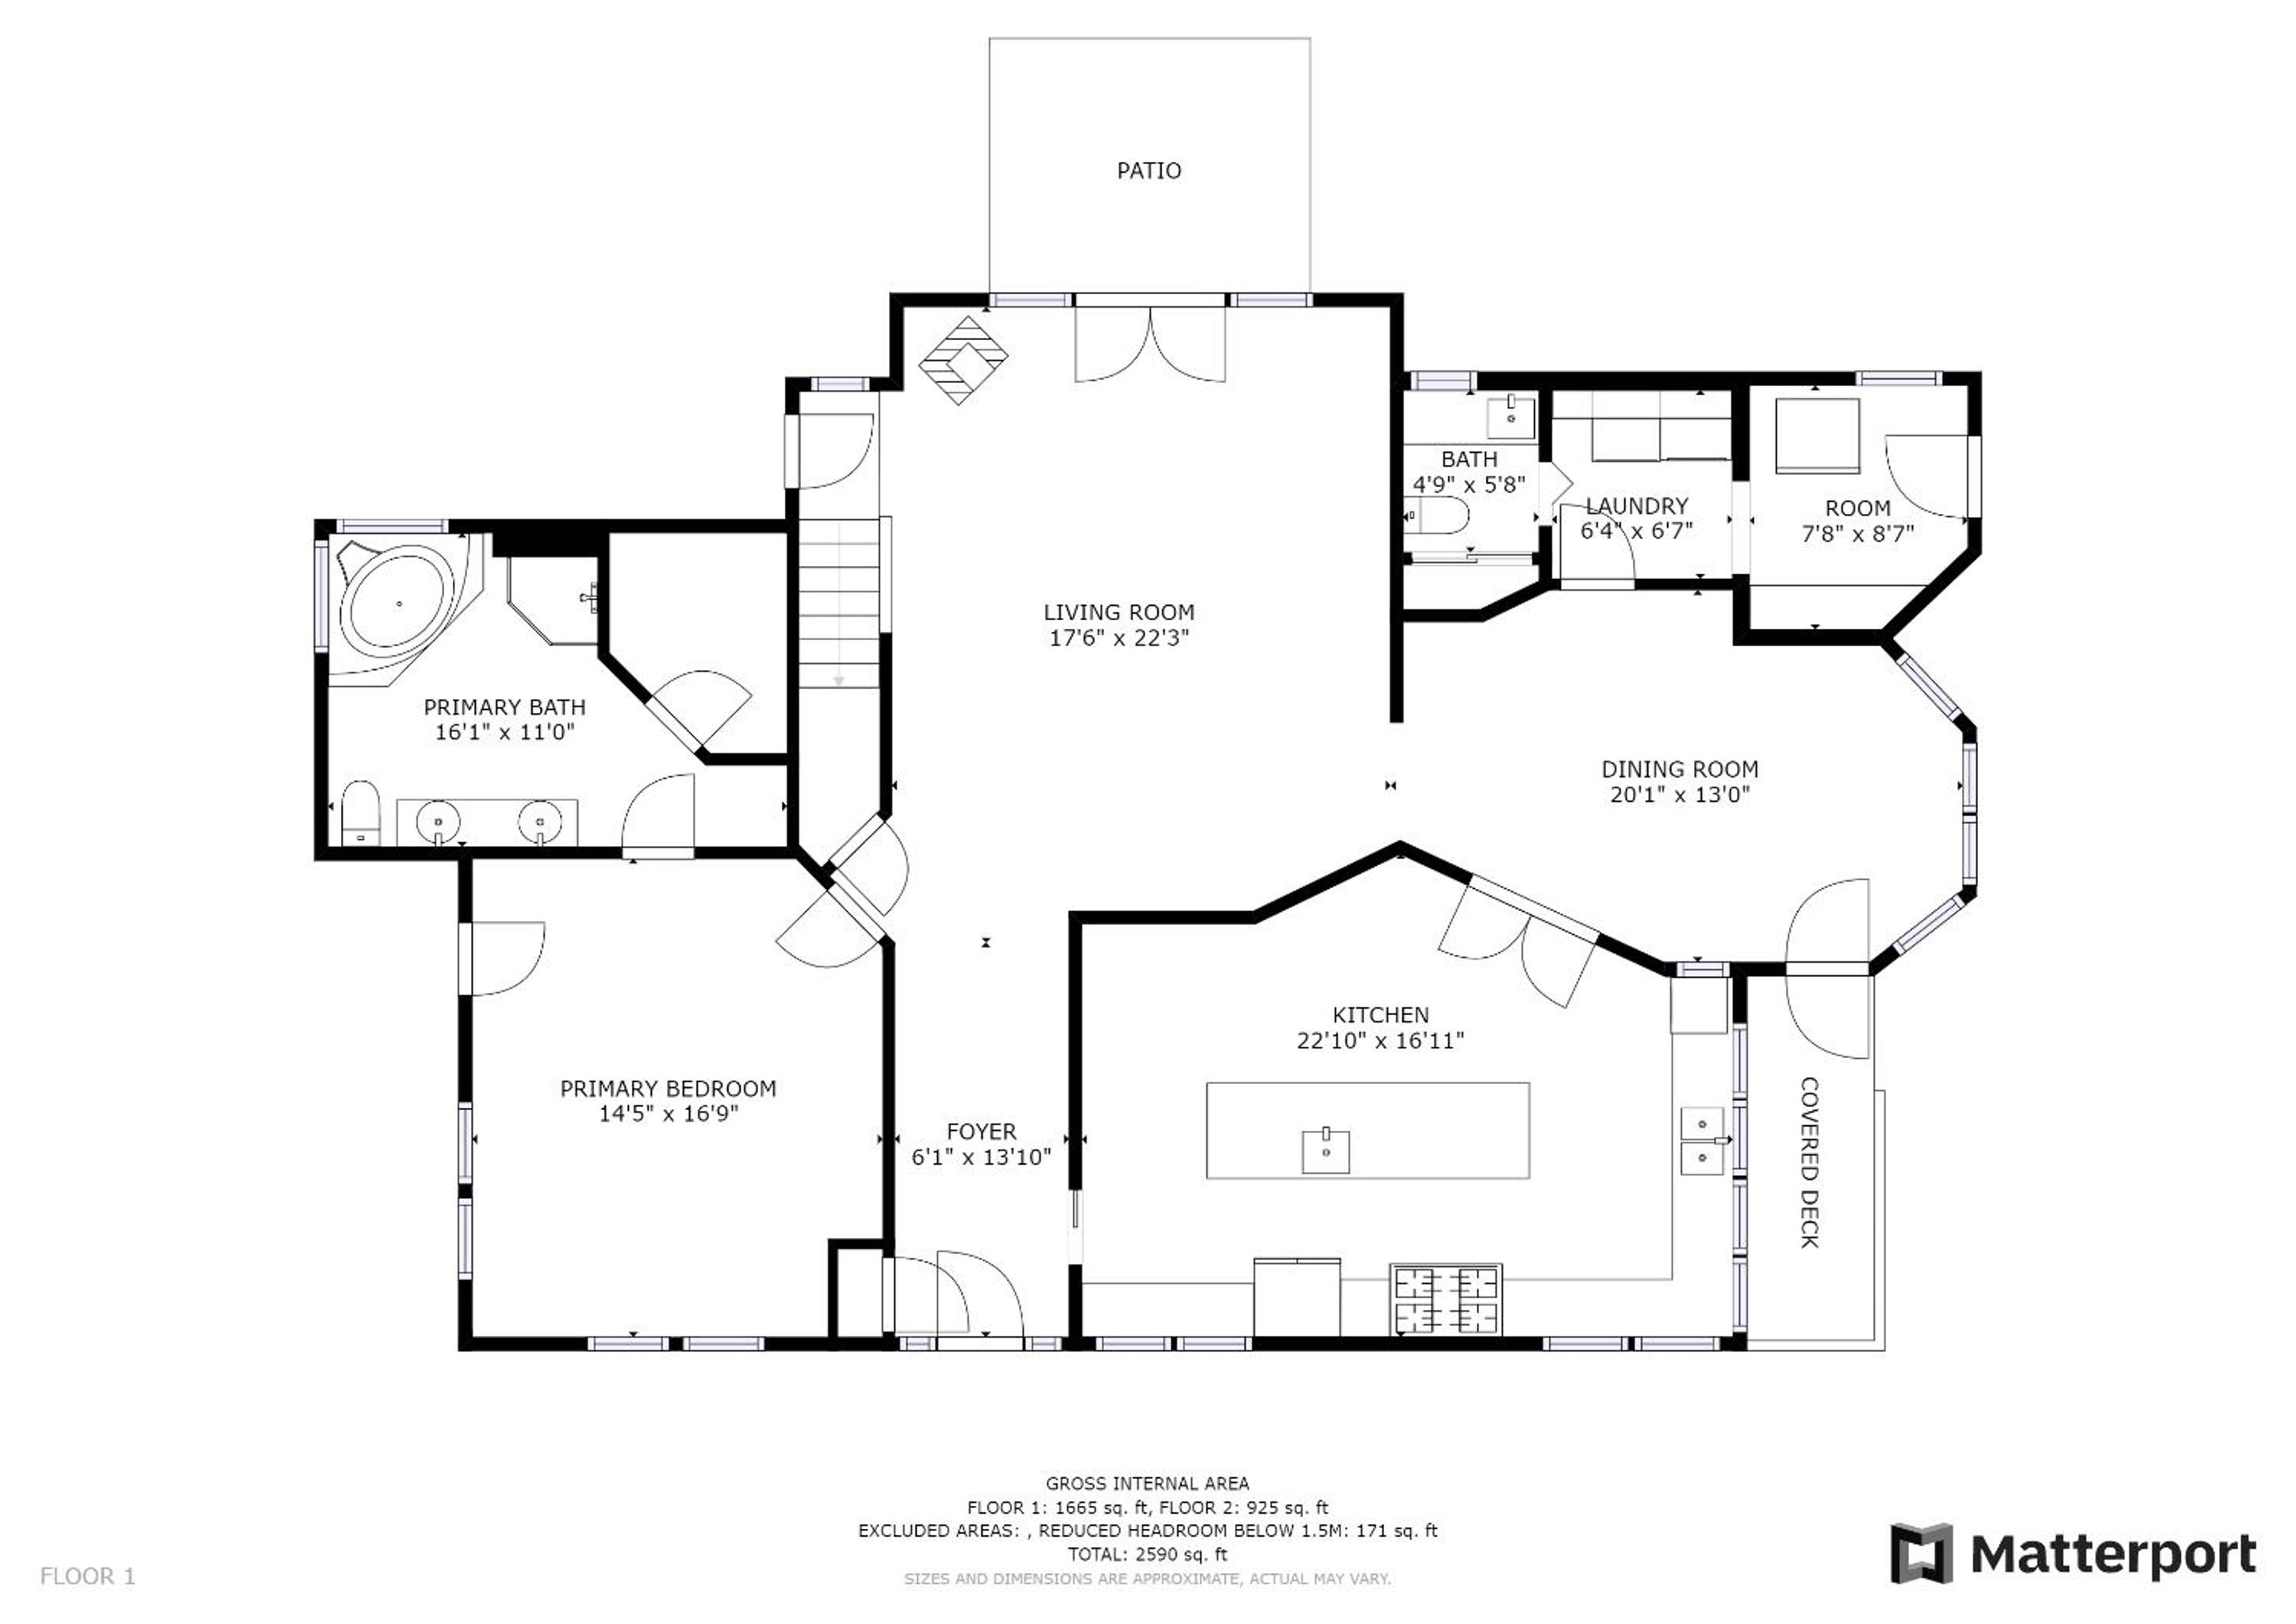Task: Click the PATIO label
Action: (x=1149, y=171)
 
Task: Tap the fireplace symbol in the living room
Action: (x=963, y=360)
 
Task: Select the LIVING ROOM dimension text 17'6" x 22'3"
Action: (x=1119, y=638)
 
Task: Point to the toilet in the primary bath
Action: (x=360, y=813)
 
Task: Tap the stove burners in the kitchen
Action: (x=1446, y=1299)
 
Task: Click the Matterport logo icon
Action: (x=1921, y=1553)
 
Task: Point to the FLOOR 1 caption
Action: (x=87, y=1577)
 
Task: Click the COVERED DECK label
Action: (x=1809, y=1162)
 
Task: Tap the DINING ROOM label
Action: (x=1680, y=769)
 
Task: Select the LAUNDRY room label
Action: (x=1637, y=506)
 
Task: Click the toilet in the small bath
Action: (x=1437, y=516)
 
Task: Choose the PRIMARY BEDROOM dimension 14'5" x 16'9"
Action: (x=668, y=1114)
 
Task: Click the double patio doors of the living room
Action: (x=1150, y=340)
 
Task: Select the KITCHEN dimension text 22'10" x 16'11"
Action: (x=1380, y=1041)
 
